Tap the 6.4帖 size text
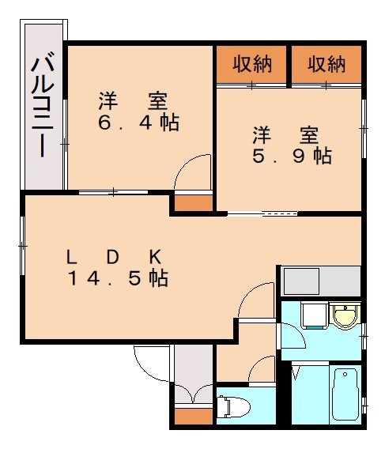click(x=138, y=123)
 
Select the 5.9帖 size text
click(x=292, y=156)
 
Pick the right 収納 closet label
click(x=326, y=64)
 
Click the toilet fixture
click(x=233, y=407)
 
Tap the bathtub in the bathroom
click(x=346, y=395)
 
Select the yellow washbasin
click(x=344, y=317)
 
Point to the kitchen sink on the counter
click(x=300, y=281)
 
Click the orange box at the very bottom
click(x=193, y=416)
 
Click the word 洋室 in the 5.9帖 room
click(x=292, y=133)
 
